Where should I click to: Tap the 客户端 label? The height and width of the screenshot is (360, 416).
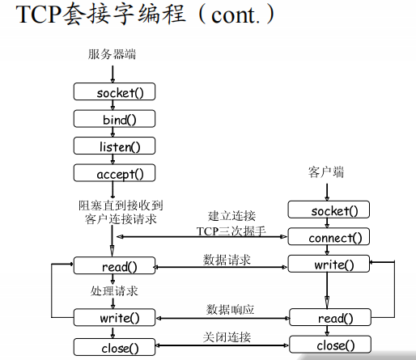[x=326, y=172]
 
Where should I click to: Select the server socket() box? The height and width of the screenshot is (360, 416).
[x=114, y=91]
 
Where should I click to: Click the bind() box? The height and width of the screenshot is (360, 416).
[x=114, y=119]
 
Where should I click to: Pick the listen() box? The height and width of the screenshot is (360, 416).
[x=114, y=146]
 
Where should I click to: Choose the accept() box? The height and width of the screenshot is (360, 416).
[x=114, y=173]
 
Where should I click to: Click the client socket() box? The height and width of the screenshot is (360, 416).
[x=329, y=211]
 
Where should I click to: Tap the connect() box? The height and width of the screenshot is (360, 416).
[x=329, y=238]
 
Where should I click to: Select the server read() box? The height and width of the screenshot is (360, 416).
[x=114, y=265]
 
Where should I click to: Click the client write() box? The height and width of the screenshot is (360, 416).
[x=329, y=265]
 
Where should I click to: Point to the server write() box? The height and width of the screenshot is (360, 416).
[x=114, y=318]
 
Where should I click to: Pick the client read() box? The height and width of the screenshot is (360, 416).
[x=329, y=319]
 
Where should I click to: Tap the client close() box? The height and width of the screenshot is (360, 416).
[x=329, y=345]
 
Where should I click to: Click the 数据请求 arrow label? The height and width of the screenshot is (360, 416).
[x=227, y=260]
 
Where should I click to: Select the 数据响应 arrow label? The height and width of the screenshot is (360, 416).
[x=230, y=310]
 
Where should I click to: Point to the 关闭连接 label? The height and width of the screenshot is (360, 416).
[x=226, y=337]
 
